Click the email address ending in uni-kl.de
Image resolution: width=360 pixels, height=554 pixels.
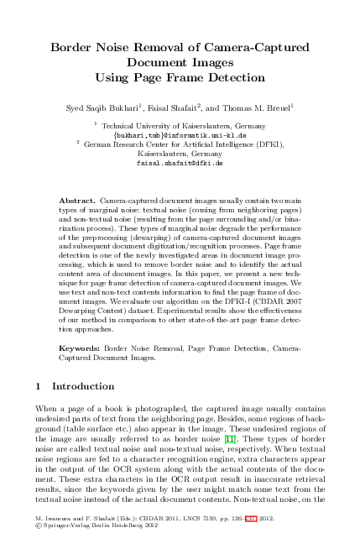click(180, 134)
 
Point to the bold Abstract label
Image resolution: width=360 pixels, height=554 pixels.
click(79, 203)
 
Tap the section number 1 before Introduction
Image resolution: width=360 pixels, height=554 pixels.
click(39, 387)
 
